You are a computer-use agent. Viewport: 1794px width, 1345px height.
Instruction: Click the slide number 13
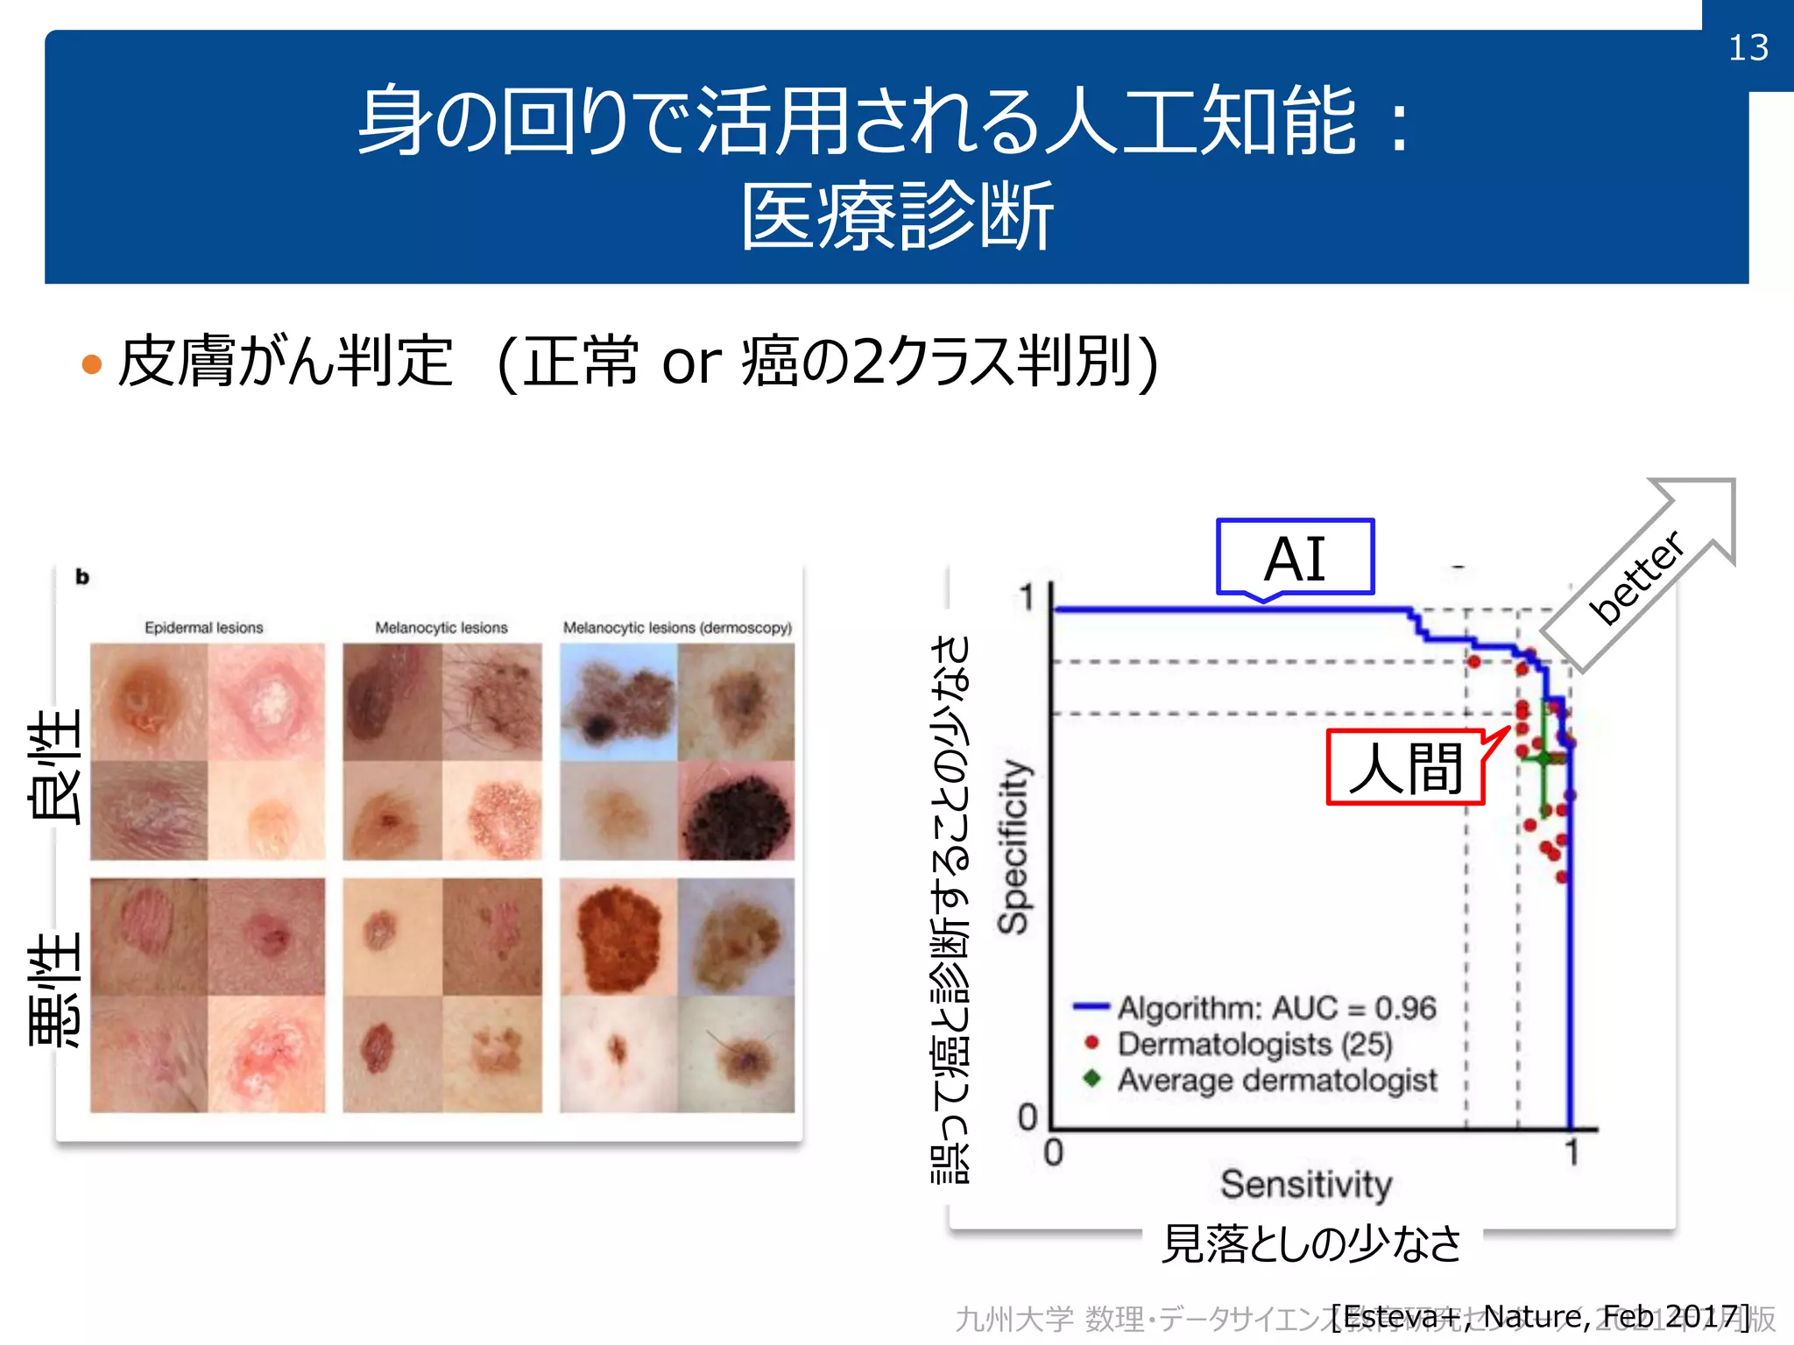click(x=1748, y=47)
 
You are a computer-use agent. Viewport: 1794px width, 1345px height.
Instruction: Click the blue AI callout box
click(x=1295, y=558)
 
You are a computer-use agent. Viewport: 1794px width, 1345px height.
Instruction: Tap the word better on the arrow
click(x=1635, y=578)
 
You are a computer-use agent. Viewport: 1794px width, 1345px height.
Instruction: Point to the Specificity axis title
click(x=1014, y=847)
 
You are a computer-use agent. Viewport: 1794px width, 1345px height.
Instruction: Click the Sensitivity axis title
click(x=1305, y=1184)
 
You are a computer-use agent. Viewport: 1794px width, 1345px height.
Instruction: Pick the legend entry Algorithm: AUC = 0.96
click(x=1275, y=1008)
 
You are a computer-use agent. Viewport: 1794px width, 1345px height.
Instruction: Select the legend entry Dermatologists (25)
click(x=1254, y=1044)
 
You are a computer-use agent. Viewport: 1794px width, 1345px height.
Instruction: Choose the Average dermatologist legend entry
click(x=1276, y=1080)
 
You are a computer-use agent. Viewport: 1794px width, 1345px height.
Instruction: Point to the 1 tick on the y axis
click(x=1027, y=598)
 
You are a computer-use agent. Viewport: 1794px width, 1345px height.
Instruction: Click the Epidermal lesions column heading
click(x=203, y=628)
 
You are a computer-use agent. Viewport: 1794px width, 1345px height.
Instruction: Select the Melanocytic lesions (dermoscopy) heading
click(x=676, y=628)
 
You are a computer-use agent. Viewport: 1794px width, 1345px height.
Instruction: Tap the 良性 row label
click(x=54, y=766)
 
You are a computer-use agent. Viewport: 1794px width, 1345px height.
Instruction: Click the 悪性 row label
click(x=54, y=989)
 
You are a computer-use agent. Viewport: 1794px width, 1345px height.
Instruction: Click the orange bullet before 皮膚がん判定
click(x=91, y=363)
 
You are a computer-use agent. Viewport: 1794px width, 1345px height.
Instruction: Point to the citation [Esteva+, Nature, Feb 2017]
click(x=1539, y=1316)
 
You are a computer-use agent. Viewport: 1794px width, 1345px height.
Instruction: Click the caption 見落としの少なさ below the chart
click(x=1310, y=1243)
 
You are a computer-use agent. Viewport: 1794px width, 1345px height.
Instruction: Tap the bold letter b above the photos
click(x=82, y=577)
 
